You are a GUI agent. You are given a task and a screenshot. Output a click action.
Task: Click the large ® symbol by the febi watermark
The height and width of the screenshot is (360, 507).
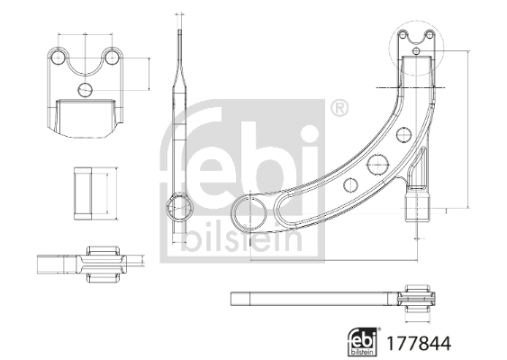339,110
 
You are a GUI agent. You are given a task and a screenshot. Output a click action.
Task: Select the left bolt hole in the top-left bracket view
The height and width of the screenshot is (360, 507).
59,57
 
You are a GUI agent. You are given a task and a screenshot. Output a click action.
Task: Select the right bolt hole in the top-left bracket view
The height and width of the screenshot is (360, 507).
113,57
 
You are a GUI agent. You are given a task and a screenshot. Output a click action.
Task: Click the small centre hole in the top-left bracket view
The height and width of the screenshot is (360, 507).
86,89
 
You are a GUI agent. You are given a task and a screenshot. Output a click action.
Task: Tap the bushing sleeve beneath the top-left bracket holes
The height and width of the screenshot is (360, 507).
86,115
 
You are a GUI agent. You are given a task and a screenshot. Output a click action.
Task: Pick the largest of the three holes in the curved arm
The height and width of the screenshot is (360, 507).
377,166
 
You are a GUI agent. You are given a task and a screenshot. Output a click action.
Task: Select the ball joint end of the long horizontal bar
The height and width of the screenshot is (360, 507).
421,299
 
